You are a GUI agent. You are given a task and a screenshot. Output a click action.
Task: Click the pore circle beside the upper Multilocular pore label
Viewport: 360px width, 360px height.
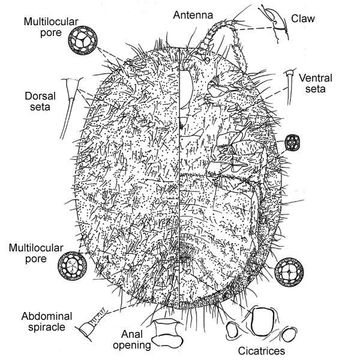[81, 40]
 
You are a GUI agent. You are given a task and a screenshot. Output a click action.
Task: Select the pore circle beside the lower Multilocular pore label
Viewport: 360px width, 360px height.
[70, 265]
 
